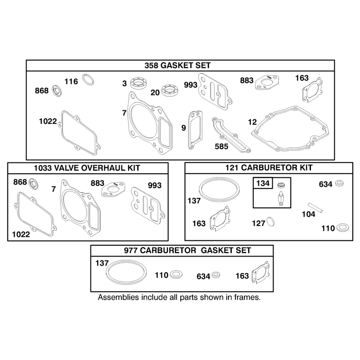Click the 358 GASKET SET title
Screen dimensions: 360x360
point(177,65)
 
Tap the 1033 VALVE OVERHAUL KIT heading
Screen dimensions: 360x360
point(87,168)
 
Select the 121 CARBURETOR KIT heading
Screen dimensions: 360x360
point(269,167)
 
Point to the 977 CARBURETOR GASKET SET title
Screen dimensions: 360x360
point(187,250)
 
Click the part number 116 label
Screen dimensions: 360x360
point(71,81)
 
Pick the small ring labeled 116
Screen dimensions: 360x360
point(88,80)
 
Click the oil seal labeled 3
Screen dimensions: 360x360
point(139,83)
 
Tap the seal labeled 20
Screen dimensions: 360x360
point(170,90)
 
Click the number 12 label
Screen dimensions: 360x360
point(252,122)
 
